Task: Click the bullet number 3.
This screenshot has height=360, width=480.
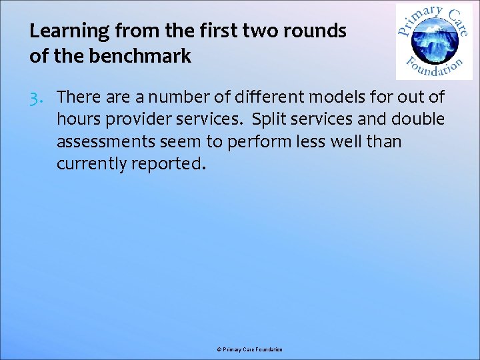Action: [x=37, y=97]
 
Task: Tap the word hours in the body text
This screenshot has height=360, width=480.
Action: [x=77, y=119]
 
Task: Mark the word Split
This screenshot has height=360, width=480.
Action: [x=268, y=119]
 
